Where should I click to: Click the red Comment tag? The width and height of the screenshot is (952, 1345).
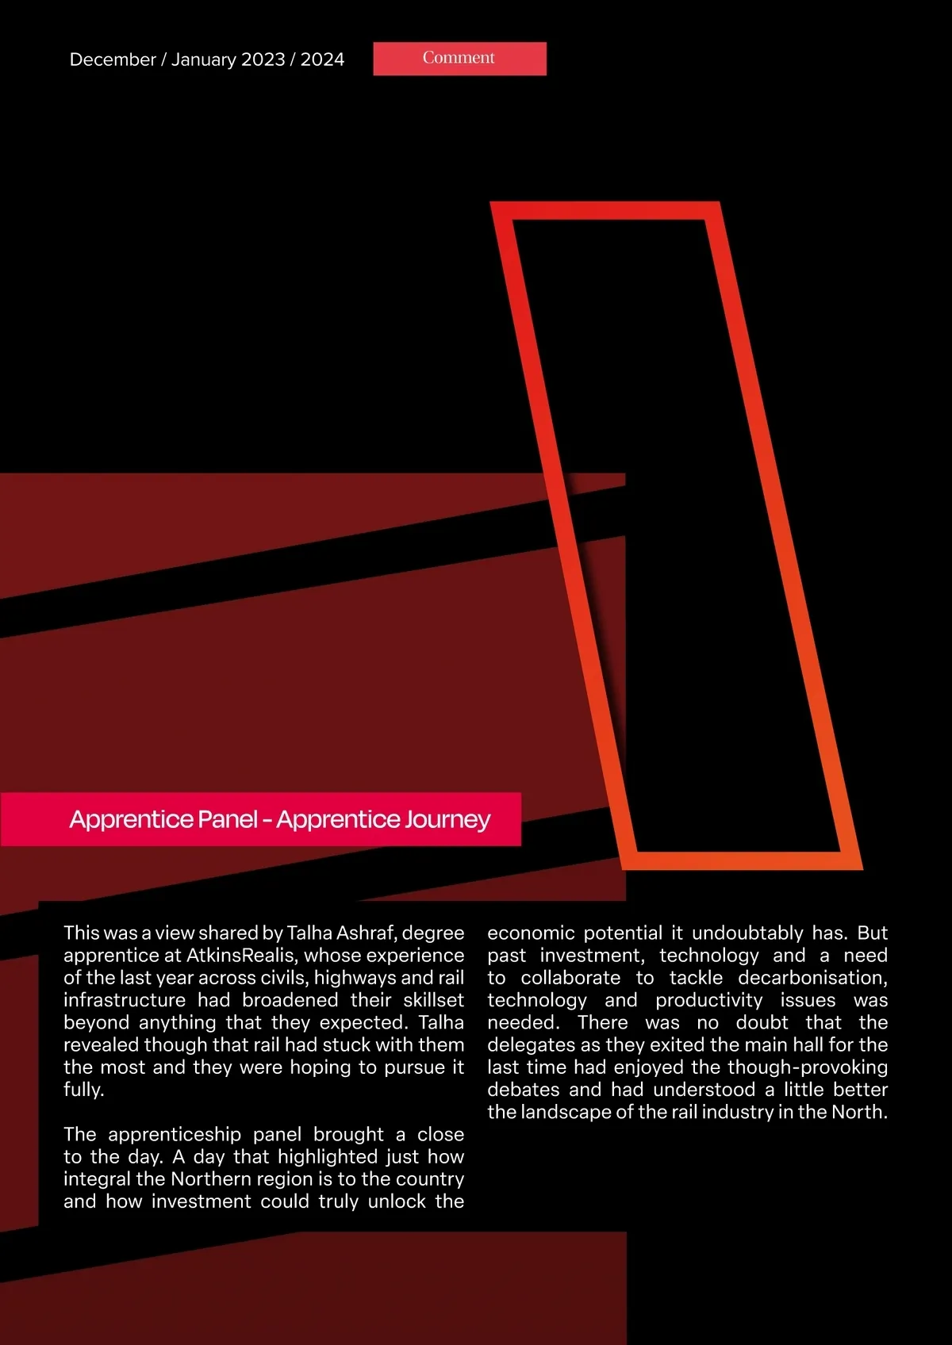tap(459, 59)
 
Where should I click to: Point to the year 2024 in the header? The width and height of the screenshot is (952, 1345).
tap(322, 60)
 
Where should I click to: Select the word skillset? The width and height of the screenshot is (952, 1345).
tap(433, 1000)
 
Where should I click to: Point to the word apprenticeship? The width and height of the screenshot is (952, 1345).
tap(175, 1135)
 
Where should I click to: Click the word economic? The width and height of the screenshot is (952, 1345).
tap(531, 933)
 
